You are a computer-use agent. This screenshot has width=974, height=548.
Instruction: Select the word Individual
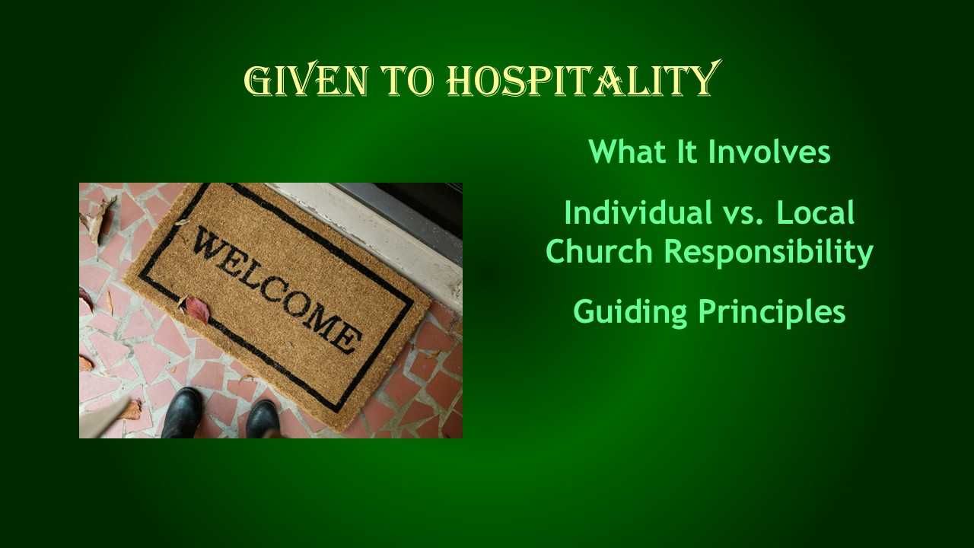(632, 213)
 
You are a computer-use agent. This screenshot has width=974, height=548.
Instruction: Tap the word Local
(816, 213)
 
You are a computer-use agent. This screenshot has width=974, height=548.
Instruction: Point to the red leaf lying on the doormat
(196, 307)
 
